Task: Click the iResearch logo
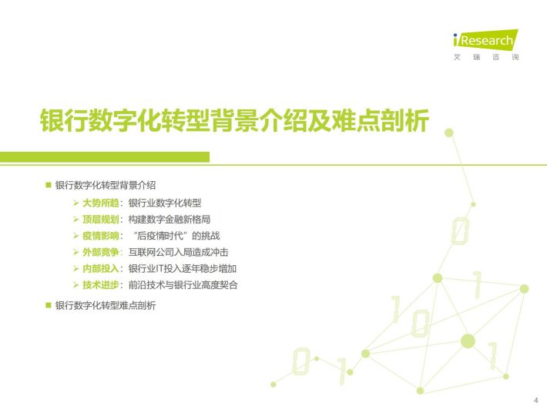[x=485, y=40]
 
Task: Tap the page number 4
[x=536, y=400]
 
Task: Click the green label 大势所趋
[x=100, y=203]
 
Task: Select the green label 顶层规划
[x=100, y=219]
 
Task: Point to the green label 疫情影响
[x=100, y=236]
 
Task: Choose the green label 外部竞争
[x=100, y=252]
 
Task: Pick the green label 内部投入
[x=100, y=268]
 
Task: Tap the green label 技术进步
[x=100, y=284]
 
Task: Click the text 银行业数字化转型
[x=165, y=203]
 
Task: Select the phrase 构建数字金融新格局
[x=169, y=219]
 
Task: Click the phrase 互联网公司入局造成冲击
[x=178, y=252]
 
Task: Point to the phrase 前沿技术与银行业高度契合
[x=183, y=284]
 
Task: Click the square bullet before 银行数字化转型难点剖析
[x=49, y=305]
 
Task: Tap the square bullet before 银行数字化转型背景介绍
[x=49, y=185]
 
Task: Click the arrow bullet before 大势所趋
[x=76, y=203]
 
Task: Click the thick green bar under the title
[x=105, y=157]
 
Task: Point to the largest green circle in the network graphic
[x=468, y=341]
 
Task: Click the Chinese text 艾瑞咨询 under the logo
[x=486, y=57]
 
